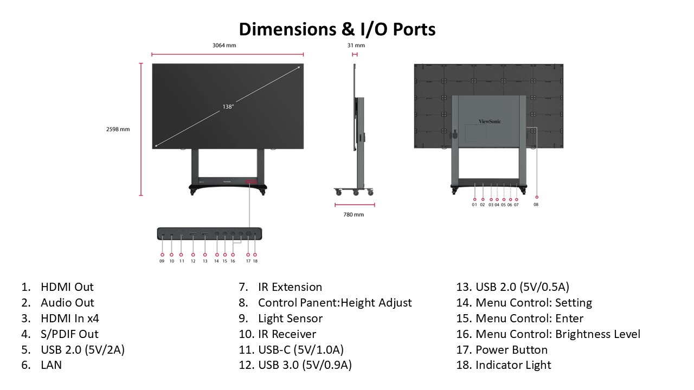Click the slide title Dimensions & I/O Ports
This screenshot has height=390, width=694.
337,29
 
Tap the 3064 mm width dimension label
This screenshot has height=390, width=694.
224,45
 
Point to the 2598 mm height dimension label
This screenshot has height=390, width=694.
118,129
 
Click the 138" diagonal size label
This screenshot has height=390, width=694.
228,107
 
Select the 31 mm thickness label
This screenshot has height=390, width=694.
356,45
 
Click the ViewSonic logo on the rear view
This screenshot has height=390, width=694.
490,122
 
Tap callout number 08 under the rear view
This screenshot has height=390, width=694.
536,205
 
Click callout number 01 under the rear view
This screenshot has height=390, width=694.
474,205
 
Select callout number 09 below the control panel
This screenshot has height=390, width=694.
162,261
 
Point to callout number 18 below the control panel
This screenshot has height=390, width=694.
255,261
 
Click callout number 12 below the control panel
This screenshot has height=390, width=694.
193,261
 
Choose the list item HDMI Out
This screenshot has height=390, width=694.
67,287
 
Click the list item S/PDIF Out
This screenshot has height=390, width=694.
69,334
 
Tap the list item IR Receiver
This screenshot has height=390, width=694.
287,334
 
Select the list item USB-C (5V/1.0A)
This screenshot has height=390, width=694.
300,350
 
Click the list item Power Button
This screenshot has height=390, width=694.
511,350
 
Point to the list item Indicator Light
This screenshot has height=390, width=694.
513,365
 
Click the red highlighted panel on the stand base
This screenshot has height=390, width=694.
251,182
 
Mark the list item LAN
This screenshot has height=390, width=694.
51,365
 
